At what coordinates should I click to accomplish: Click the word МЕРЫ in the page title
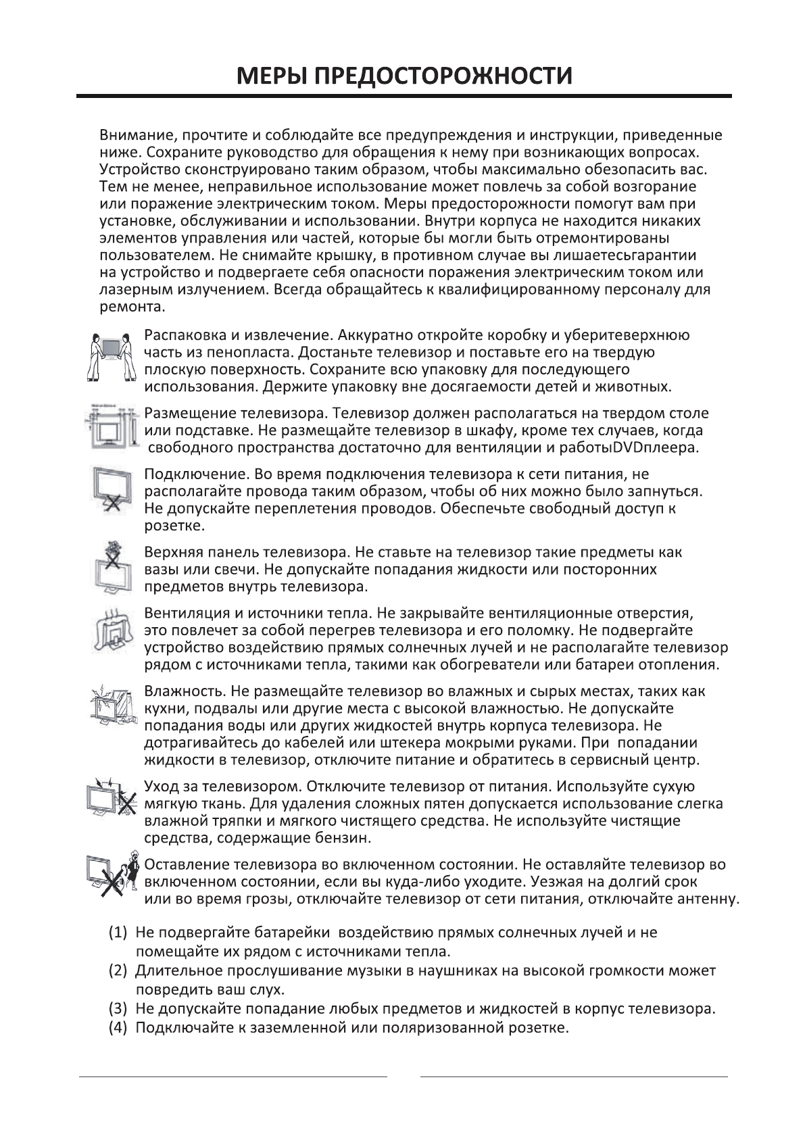point(270,75)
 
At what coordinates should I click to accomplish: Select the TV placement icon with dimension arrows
point(112,428)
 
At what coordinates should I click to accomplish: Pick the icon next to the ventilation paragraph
point(111,633)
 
